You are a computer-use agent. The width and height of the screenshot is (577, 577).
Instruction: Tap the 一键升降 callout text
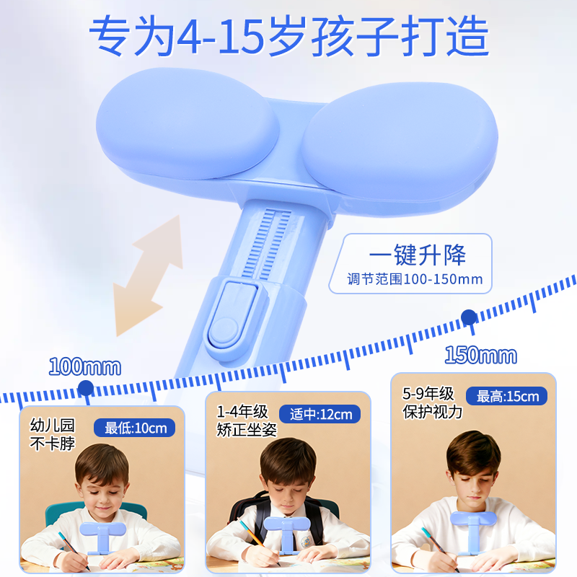tap(417, 255)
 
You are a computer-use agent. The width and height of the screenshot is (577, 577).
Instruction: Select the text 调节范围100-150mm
tap(415, 279)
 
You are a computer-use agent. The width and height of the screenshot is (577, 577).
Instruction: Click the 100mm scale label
tap(84, 366)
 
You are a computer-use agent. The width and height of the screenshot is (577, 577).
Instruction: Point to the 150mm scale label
tap(480, 355)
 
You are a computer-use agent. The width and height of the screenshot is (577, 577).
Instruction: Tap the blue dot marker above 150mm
tap(469, 317)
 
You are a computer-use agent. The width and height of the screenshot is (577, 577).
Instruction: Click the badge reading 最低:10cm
tap(135, 428)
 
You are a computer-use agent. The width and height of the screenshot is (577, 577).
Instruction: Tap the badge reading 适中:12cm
tap(321, 414)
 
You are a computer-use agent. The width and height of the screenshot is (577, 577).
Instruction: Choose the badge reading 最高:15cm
tap(507, 396)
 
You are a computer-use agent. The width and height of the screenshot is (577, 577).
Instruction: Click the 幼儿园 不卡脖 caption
tap(52, 434)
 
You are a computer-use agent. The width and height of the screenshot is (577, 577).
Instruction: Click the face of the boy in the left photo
tap(100, 490)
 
